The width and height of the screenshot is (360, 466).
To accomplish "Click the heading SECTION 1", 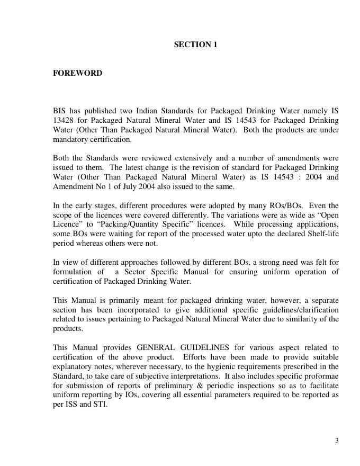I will tap(195, 45).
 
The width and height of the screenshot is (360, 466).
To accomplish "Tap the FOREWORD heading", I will tap(77, 73).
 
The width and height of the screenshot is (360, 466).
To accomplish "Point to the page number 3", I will tap(337, 441).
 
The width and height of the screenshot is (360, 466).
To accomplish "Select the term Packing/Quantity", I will tap(115, 225).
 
